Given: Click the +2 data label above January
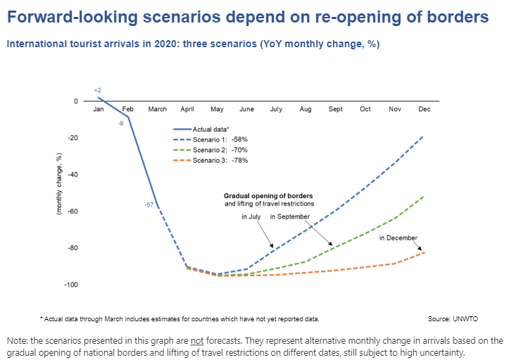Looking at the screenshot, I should tap(98, 90).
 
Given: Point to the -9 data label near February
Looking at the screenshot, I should tap(121, 123).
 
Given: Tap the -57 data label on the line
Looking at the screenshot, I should tap(149, 205).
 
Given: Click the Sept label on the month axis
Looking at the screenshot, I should tap(335, 109).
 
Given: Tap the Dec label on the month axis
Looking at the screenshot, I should tap(424, 109).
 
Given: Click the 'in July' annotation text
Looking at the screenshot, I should tap(252, 217).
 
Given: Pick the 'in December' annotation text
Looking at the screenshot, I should tap(398, 238).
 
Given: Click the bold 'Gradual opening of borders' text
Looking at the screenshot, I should tap(268, 195).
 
